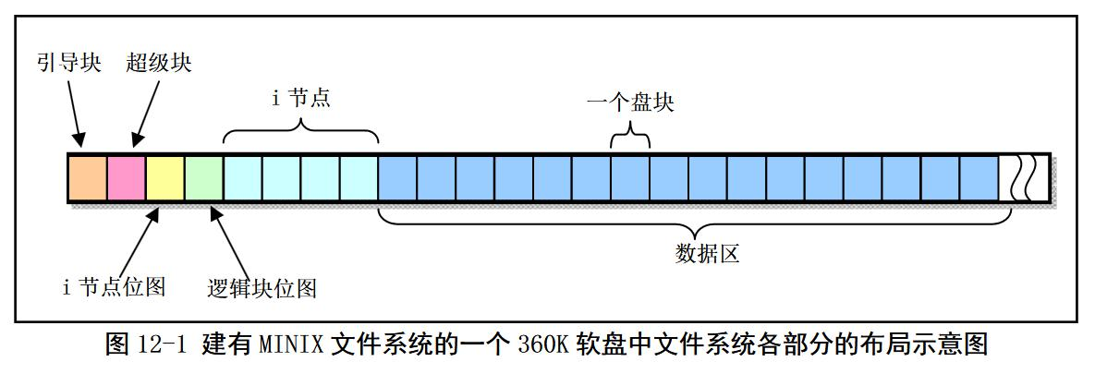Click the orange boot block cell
(88, 178)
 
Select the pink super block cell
(127, 178)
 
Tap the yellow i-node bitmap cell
(165, 178)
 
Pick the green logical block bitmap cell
(204, 178)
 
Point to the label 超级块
(160, 63)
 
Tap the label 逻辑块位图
(262, 288)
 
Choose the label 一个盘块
(630, 102)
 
